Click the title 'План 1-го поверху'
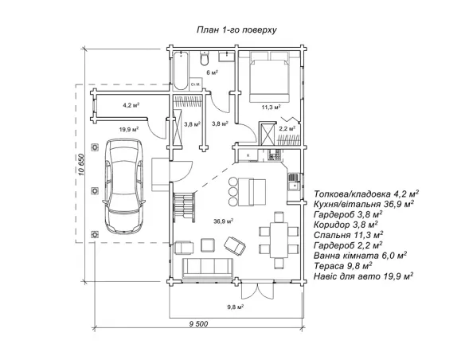[236, 30]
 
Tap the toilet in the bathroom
[205, 58]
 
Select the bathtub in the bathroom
[180, 70]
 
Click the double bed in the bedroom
[269, 76]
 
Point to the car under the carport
[124, 186]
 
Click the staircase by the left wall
[184, 207]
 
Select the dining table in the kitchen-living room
[279, 241]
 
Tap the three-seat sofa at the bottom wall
[208, 268]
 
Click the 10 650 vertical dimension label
[82, 165]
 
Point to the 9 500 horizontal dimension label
[198, 324]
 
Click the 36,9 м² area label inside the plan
[223, 221]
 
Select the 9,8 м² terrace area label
[236, 307]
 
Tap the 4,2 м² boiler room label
[131, 105]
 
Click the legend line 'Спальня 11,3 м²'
[349, 235]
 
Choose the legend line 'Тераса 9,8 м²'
[343, 266]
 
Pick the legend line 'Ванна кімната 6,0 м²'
[360, 256]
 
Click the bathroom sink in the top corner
[227, 56]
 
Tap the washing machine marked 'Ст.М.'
[196, 84]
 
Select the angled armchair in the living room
[235, 245]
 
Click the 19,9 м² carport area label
[129, 129]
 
